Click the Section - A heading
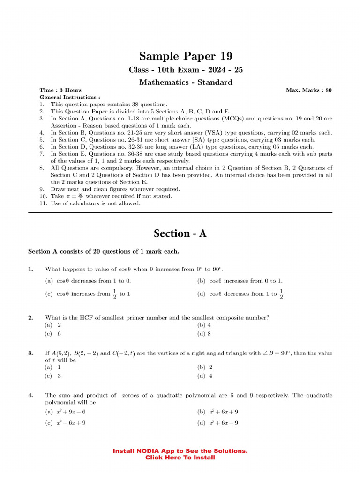click(x=180, y=233)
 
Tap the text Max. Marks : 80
click(x=308, y=90)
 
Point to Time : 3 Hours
click(x=60, y=90)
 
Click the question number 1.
click(x=30, y=269)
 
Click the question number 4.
click(x=30, y=395)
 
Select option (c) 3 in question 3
click(x=53, y=376)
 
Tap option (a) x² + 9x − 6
click(x=65, y=412)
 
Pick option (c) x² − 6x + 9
click(x=65, y=422)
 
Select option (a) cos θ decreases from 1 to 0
click(x=88, y=281)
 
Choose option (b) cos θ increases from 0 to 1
click(x=240, y=281)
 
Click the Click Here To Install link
click(x=180, y=457)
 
